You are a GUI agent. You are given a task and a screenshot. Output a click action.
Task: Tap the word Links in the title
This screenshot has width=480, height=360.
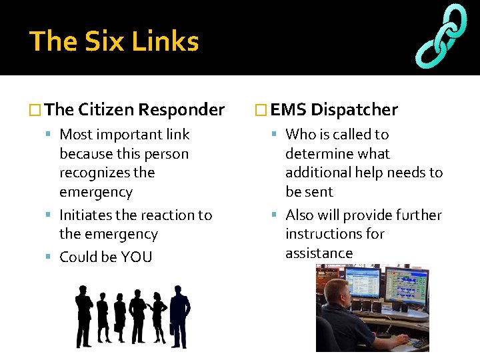[x=165, y=41]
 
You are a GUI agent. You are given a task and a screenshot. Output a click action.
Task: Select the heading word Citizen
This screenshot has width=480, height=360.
[x=107, y=109]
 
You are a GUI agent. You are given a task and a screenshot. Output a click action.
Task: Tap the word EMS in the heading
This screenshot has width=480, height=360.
[x=289, y=109]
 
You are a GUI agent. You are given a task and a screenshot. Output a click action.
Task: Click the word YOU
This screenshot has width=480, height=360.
[x=136, y=257]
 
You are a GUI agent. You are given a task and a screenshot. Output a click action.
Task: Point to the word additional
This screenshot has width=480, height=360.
[x=317, y=173]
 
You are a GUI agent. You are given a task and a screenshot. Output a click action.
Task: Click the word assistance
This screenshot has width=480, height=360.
[x=319, y=253]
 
